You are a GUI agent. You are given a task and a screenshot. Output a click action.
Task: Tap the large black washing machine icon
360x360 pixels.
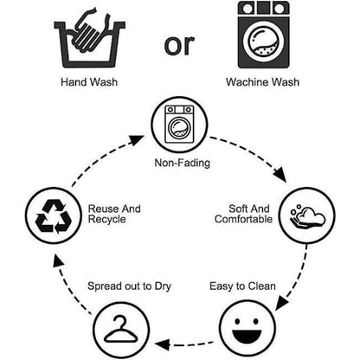[x=263, y=35]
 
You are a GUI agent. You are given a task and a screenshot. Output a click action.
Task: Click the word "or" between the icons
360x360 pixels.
[x=179, y=45]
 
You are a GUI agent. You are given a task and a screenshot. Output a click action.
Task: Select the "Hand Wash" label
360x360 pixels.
[x=89, y=82]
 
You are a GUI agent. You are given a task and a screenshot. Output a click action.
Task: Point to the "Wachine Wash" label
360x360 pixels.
[x=262, y=82]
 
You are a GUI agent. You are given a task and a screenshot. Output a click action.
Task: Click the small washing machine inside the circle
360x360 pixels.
[x=179, y=125]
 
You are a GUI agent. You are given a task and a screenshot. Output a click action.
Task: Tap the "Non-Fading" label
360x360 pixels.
[x=182, y=163]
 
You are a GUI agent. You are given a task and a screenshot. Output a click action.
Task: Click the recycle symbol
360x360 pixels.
[x=54, y=216]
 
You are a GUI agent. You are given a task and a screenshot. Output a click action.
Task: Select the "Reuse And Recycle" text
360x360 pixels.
[x=114, y=214]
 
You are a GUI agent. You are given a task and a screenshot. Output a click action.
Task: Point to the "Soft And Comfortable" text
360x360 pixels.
[x=243, y=214]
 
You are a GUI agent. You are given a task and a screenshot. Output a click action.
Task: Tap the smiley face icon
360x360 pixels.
[x=247, y=329]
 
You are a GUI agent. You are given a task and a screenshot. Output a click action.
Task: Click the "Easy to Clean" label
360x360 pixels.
[x=242, y=286]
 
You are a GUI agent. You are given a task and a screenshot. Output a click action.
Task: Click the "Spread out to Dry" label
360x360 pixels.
[x=129, y=286]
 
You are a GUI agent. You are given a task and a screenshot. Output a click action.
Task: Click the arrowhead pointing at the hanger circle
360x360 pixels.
[x=162, y=344]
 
